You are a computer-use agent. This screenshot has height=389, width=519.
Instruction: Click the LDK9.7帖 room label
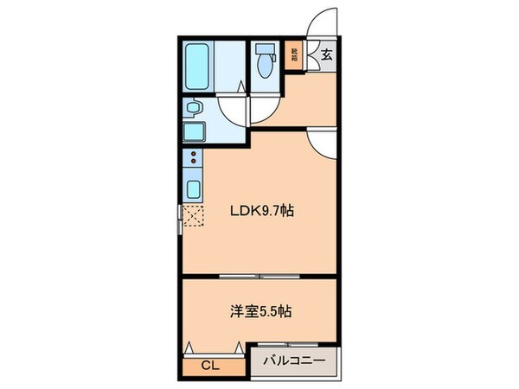coord(259,210)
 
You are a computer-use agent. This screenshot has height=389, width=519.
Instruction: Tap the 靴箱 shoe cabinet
coord(295,54)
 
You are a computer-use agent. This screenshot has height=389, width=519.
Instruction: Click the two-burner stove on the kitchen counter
coord(193,159)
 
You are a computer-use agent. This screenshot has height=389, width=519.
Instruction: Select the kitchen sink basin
coord(193,188)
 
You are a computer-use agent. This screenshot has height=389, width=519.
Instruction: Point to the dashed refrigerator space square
coord(194,216)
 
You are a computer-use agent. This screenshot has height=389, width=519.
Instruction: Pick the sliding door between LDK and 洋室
coord(259,277)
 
